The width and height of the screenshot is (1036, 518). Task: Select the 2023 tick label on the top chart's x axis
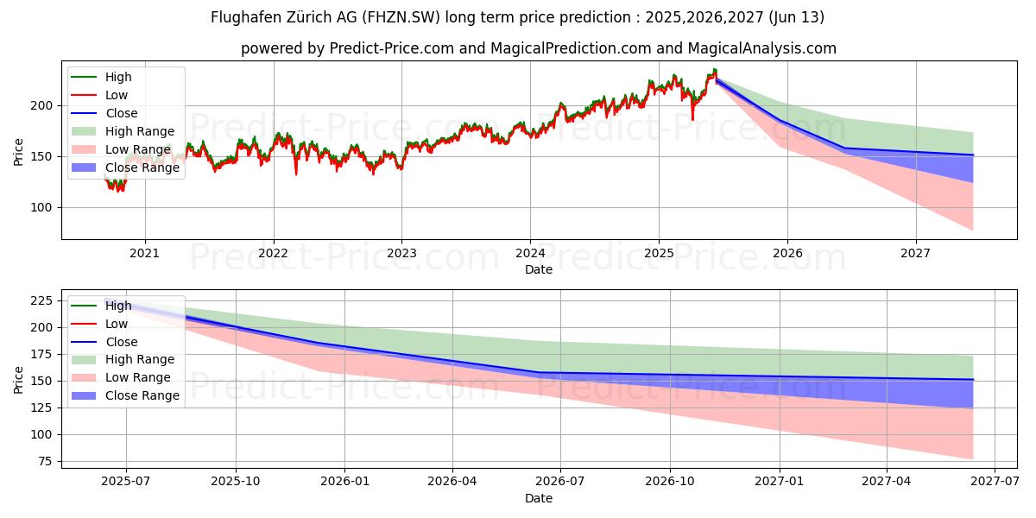pyautogui.click(x=401, y=253)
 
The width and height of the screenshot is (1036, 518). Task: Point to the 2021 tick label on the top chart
pyautogui.click(x=144, y=253)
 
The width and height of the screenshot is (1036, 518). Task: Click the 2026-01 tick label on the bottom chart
pyautogui.click(x=344, y=482)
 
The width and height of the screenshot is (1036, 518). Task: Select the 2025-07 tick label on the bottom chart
pyautogui.click(x=126, y=482)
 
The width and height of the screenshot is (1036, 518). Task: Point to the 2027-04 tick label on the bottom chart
pyautogui.click(x=888, y=482)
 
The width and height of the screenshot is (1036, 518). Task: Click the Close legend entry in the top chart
pyautogui.click(x=122, y=113)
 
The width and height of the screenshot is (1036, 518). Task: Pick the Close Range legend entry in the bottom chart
pyautogui.click(x=142, y=395)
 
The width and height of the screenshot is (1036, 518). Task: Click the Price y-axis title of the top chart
pyautogui.click(x=19, y=152)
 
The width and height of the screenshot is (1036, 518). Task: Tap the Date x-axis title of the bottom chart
pyautogui.click(x=539, y=498)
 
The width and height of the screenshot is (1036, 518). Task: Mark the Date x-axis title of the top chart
pyautogui.click(x=539, y=269)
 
